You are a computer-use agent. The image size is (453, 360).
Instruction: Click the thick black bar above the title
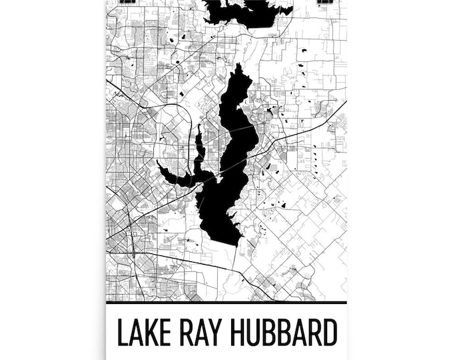point(226,303)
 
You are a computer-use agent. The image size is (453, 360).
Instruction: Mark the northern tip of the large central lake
point(240,66)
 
